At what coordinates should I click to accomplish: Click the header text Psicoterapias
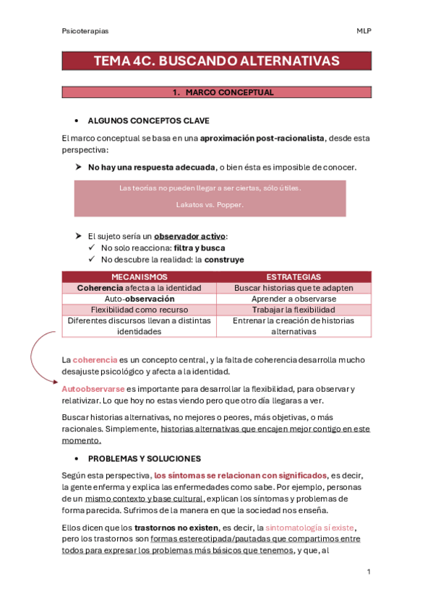pos(85,31)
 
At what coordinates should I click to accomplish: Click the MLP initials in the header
pos(364,31)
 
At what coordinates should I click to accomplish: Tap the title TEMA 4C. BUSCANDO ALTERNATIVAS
pos(216,61)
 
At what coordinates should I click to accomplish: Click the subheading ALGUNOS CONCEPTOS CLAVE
pos(149,121)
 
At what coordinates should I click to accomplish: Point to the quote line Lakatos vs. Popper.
pos(210,204)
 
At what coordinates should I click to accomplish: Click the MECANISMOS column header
pos(140,276)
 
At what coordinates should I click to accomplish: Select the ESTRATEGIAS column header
pos(293,276)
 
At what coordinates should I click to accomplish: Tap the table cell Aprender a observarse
pos(293,299)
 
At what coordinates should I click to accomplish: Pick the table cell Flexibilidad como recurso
pos(140,310)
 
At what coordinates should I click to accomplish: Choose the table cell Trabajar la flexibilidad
pos(293,310)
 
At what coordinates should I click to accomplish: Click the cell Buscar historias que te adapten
pos(293,287)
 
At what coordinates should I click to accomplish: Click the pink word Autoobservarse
pos(93,389)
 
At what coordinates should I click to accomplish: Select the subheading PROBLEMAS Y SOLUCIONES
pos(145,458)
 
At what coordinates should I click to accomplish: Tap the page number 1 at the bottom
pos(369,572)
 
